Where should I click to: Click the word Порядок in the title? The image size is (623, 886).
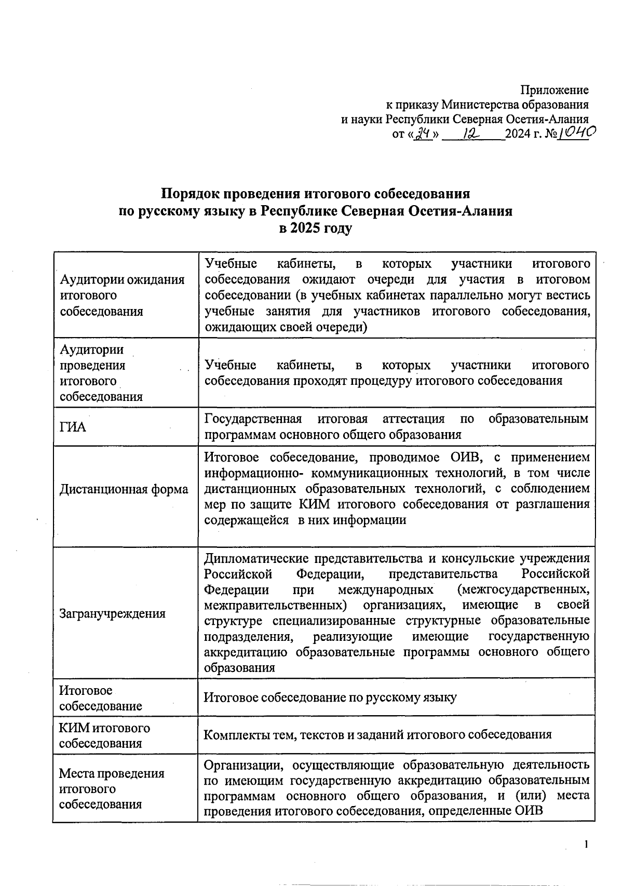point(189,194)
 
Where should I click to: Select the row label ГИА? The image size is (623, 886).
point(73,427)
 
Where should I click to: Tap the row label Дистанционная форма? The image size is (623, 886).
point(124,489)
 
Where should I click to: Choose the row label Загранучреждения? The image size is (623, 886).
point(112,613)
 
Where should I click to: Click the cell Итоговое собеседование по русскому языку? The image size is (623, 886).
point(330,697)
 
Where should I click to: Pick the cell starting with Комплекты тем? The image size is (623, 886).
point(377,734)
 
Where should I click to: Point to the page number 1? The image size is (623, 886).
point(586,844)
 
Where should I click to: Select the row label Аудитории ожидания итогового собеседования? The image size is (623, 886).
point(122,295)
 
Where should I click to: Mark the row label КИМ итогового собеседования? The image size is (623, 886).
point(104,735)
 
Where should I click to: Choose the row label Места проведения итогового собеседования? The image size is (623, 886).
point(111,788)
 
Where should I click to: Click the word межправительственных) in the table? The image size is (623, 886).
point(275,605)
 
